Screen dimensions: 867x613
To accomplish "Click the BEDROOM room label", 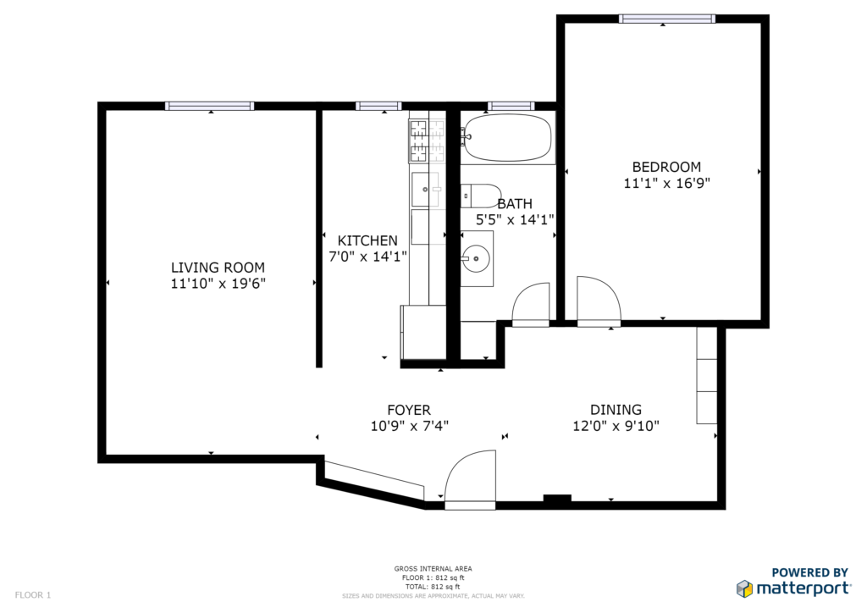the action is pos(666,167).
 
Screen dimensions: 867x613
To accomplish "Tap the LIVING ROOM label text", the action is pos(218,268).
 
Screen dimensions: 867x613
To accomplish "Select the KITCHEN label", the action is pos(367,240).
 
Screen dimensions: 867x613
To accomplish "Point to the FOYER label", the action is pos(409,410).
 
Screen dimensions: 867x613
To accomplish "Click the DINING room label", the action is pos(616,410).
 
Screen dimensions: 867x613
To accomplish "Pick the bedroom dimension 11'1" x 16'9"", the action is pos(667,183).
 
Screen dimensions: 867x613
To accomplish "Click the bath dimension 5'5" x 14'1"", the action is pos(515,220).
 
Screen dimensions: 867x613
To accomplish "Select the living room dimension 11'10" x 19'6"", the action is pos(218,284).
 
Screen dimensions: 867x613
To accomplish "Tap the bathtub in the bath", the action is pos(508,138).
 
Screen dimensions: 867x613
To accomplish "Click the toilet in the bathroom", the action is pos(481,196).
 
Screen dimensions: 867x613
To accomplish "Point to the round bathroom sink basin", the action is pos(476,257).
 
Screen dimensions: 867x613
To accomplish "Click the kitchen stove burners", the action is pos(428,141).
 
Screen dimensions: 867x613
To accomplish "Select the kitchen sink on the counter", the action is pos(425,189).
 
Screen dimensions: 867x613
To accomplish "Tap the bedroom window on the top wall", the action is pos(667,19).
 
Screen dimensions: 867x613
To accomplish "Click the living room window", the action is pos(210,106).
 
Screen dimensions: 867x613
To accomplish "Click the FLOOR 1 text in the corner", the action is pos(33,594).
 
